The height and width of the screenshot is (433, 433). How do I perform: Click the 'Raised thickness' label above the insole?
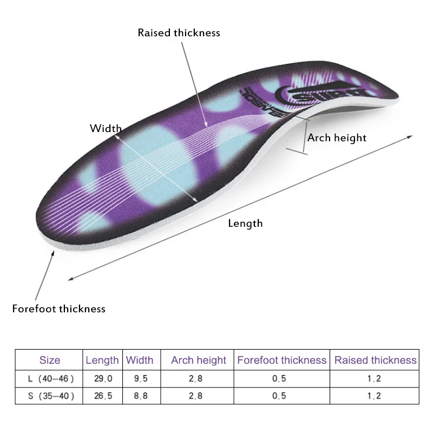tap(179, 33)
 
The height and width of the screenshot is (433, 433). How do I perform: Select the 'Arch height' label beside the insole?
tap(337, 138)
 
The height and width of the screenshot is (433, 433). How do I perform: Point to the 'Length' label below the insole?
tap(245, 223)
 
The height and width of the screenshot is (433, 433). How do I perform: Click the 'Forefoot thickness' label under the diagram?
tap(58, 309)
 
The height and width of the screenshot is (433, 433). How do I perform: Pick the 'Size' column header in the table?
tap(50, 360)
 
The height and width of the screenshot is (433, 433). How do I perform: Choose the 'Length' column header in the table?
tap(102, 360)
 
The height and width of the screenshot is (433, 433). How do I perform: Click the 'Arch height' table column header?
tap(199, 360)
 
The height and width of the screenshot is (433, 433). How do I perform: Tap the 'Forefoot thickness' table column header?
tap(282, 360)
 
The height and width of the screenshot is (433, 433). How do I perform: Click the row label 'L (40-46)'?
tap(50, 378)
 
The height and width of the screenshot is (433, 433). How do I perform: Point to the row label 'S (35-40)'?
tap(50, 396)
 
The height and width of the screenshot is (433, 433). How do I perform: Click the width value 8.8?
tap(140, 396)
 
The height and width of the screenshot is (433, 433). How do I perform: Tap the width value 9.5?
tap(140, 378)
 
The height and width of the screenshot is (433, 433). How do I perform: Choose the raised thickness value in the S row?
tap(374, 396)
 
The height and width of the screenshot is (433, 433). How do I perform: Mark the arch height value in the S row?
tap(196, 396)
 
